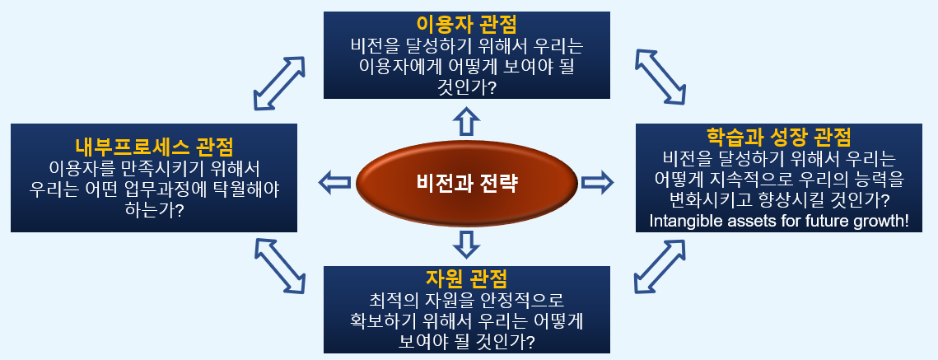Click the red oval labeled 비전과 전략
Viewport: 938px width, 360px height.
(466, 182)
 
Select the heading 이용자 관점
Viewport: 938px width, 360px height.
(466, 22)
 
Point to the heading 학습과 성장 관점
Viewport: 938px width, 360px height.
(779, 135)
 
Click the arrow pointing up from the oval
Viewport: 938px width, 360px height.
(466, 122)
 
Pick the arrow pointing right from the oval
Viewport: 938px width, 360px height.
(597, 181)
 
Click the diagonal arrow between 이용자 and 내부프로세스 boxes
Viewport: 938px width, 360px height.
(278, 82)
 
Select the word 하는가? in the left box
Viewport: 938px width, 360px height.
(154, 209)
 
